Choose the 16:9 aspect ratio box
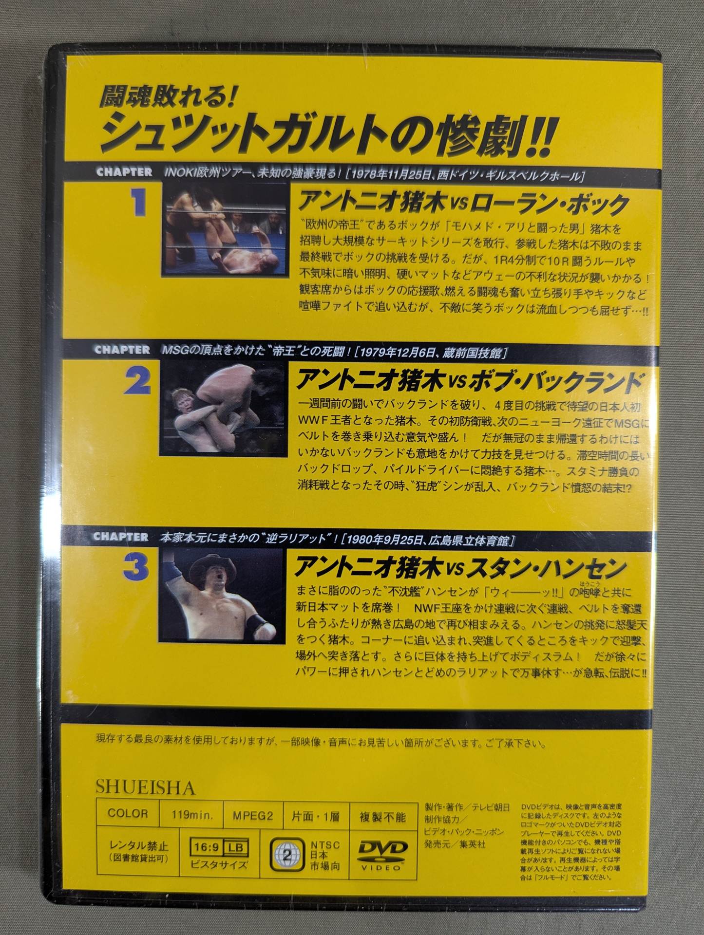tap(207, 848)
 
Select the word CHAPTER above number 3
tap(121, 537)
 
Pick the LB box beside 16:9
tap(236, 848)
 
